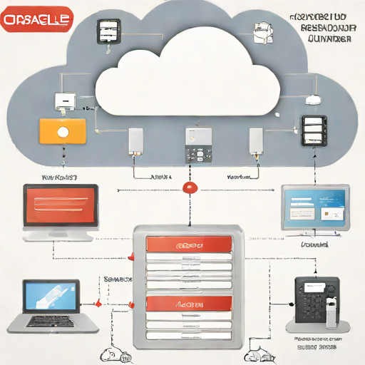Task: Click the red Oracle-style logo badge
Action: tap(37, 19)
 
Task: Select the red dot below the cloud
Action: tap(189, 187)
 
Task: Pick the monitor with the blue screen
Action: tap(314, 207)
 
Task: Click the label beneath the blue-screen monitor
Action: tap(314, 244)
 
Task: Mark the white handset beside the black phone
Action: tap(332, 307)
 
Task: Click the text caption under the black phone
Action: tap(314, 343)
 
